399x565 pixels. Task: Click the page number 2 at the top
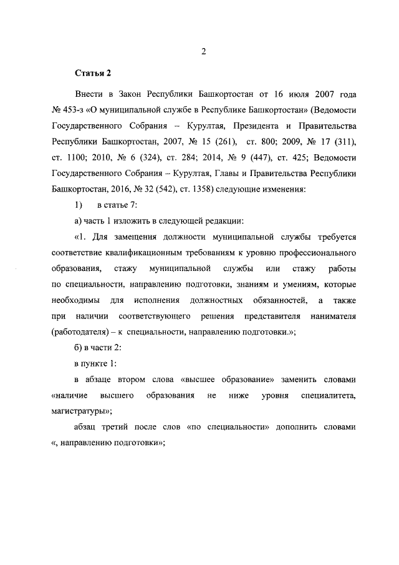pos(203,52)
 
